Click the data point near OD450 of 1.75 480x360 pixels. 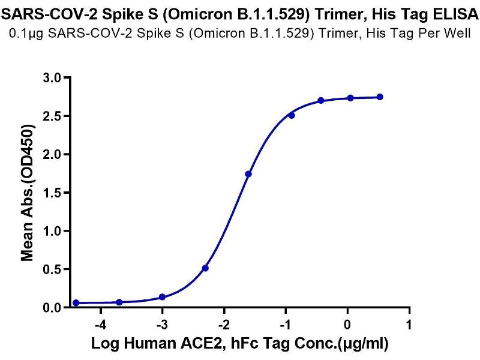[x=248, y=174]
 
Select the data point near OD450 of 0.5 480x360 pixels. [x=205, y=268]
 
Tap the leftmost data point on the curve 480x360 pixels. [x=76, y=303]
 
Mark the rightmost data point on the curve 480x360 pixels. [x=380, y=97]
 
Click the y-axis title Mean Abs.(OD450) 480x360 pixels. [x=27, y=193]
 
